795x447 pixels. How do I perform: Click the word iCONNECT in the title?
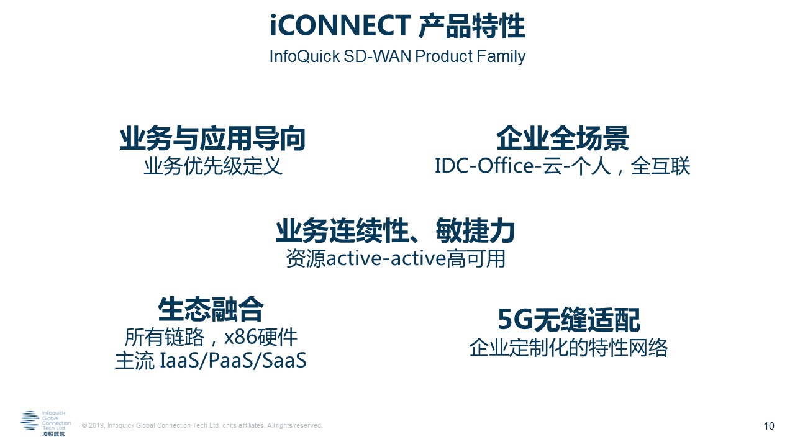click(340, 25)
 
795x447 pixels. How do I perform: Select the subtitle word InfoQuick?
click(304, 56)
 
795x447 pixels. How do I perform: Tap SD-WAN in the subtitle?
click(378, 56)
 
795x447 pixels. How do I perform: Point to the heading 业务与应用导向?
click(212, 138)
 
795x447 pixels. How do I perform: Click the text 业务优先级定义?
click(213, 166)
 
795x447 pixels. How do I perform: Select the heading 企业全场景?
click(563, 138)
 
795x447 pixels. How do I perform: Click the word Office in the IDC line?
click(506, 166)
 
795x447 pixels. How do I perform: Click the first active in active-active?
click(354, 258)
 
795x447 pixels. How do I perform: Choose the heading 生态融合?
click(211, 309)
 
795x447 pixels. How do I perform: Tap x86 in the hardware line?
click(240, 337)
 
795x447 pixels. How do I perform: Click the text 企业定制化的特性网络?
click(568, 348)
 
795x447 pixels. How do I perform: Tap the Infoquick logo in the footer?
click(46, 423)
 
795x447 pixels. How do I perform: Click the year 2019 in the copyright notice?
click(96, 425)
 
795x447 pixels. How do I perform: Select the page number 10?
click(769, 426)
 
